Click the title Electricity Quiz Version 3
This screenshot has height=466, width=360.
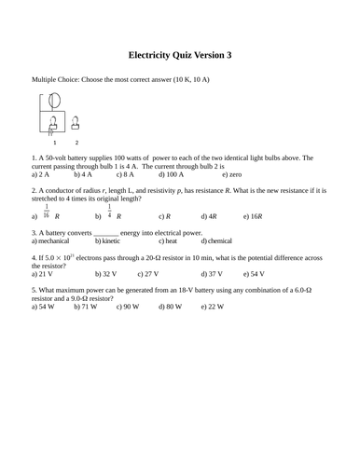[x=179, y=56]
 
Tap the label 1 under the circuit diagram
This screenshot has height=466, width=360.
[x=54, y=143]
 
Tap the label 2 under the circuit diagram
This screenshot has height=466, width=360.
[x=76, y=143]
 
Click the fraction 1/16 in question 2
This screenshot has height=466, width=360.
[x=47, y=211]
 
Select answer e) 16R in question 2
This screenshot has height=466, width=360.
[x=254, y=215]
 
